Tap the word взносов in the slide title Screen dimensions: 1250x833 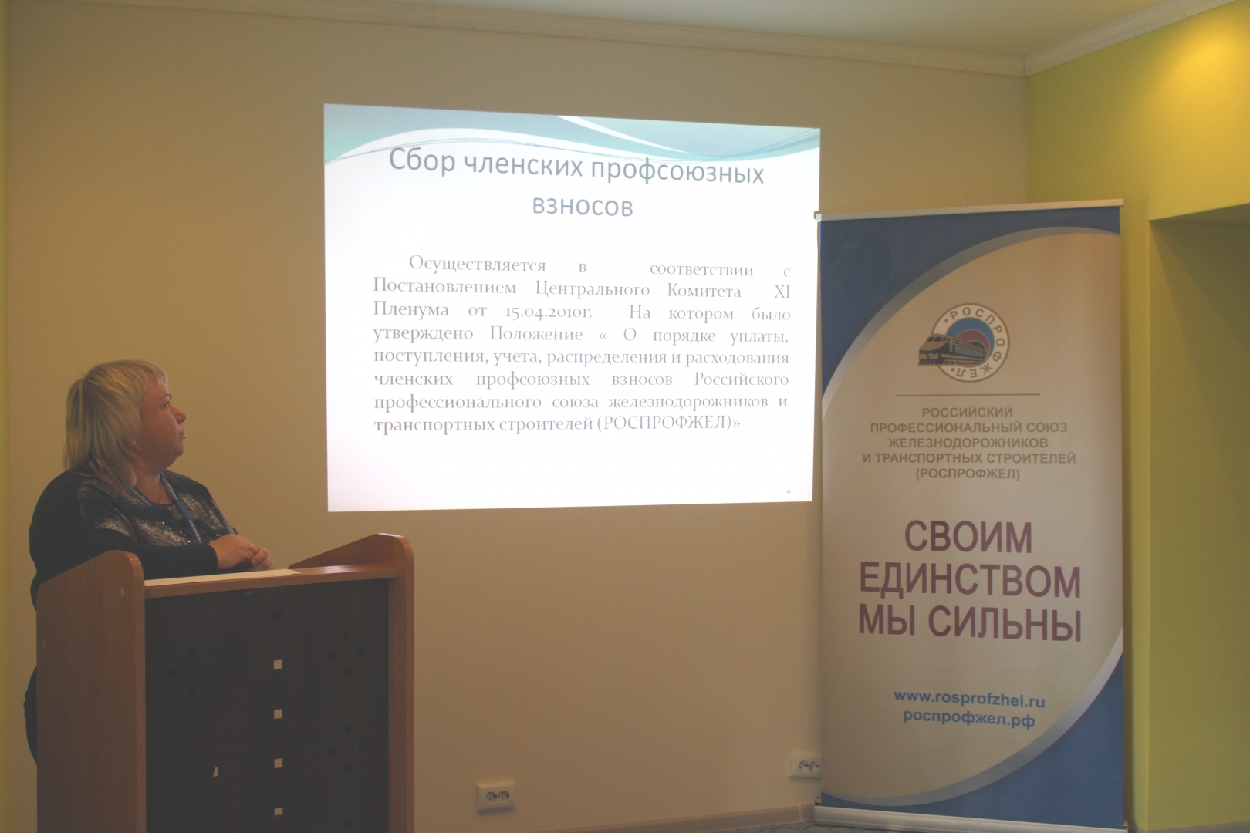[583, 206]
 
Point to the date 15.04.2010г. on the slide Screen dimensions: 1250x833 [548, 312]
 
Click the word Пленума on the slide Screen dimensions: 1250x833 [410, 309]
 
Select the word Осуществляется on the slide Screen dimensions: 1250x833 [478, 264]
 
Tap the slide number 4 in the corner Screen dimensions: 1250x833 [788, 491]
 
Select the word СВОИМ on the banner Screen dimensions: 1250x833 [968, 538]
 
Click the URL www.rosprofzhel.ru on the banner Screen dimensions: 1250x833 [969, 699]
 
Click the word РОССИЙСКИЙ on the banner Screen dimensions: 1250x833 [967, 413]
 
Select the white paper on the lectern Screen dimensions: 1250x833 [223, 576]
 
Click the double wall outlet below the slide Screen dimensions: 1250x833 [495, 796]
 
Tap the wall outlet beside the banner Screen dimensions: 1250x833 [804, 766]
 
